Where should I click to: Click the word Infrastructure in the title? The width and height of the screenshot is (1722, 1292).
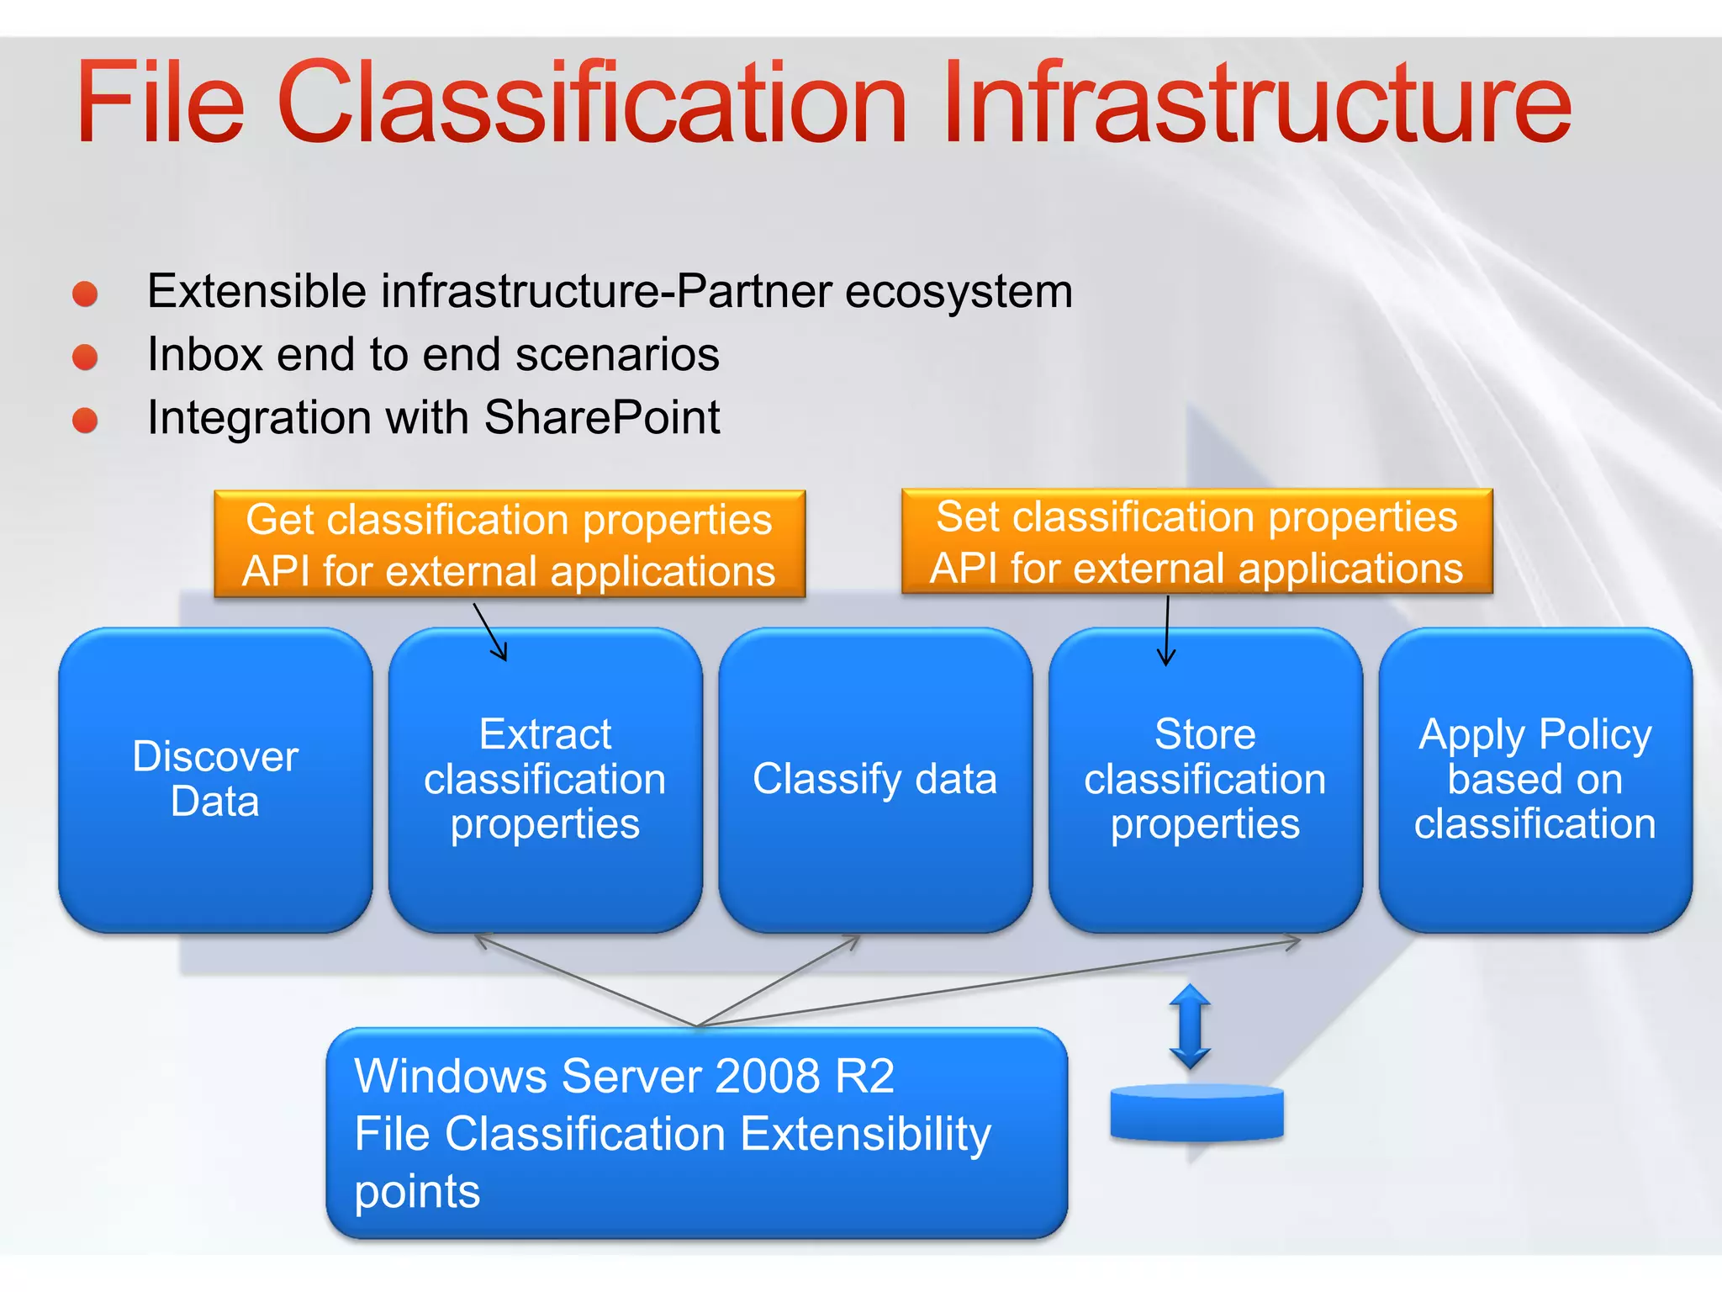[x=1256, y=103]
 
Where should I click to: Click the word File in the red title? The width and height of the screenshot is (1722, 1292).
[x=160, y=103]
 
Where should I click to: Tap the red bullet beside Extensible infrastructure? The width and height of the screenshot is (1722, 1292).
[x=85, y=294]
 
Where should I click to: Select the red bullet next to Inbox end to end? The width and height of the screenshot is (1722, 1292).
[x=85, y=357]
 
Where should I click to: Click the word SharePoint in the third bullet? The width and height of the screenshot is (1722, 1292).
[x=602, y=418]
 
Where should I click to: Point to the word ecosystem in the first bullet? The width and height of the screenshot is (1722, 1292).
[x=959, y=292]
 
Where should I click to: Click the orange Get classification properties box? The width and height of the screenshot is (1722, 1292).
[x=510, y=544]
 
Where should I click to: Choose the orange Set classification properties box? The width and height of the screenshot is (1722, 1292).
[x=1196, y=542]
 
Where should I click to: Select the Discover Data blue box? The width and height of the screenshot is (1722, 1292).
[x=215, y=779]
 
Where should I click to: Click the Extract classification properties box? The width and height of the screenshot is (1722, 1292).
[x=545, y=779]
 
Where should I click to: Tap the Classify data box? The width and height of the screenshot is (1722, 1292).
[x=874, y=779]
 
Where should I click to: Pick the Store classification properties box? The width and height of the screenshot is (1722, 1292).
[x=1205, y=779]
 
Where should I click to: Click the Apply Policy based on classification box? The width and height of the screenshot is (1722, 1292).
[x=1534, y=779]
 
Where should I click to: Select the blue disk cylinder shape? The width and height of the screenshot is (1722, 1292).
[x=1196, y=1112]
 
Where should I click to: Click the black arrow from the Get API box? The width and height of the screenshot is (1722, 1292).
[x=490, y=633]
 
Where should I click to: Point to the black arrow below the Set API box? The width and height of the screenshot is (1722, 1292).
[x=1167, y=631]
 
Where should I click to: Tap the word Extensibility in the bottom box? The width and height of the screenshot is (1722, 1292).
[x=866, y=1134]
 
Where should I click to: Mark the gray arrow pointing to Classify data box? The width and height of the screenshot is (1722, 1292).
[x=778, y=981]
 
